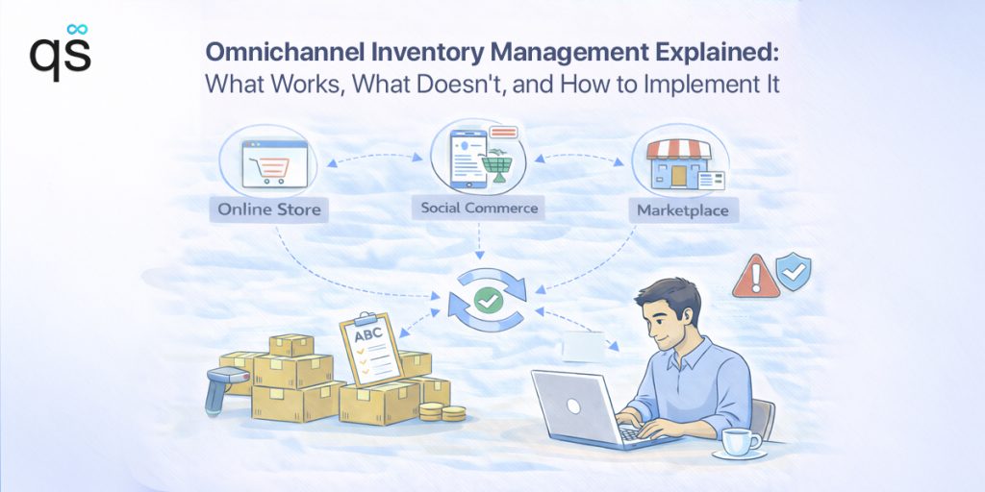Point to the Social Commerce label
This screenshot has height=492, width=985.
pyautogui.click(x=480, y=207)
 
